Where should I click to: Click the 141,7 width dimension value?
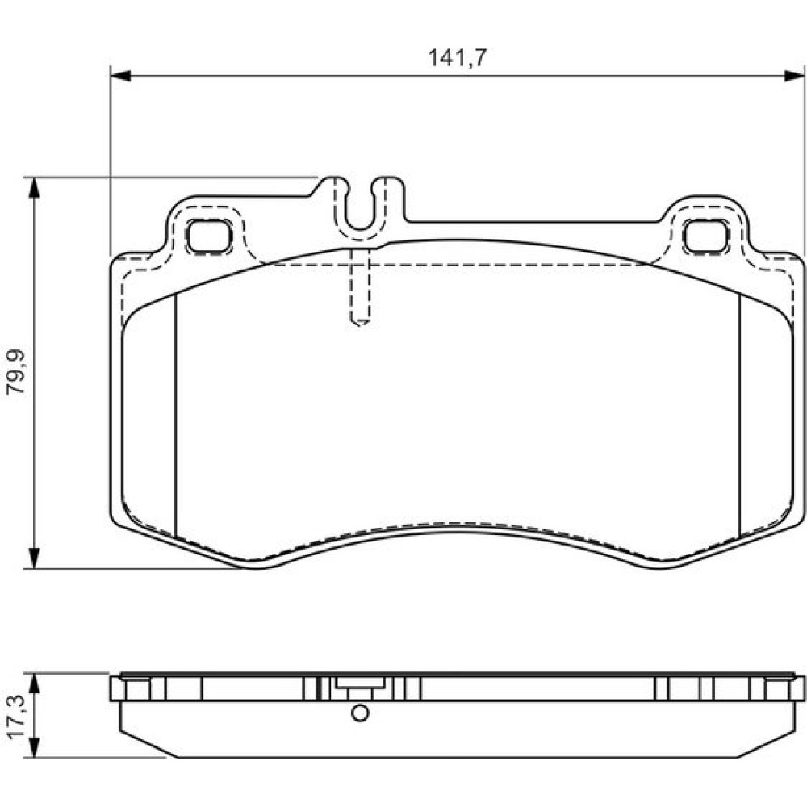(457, 57)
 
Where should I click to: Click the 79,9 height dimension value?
(15, 371)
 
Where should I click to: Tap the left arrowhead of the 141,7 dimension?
(121, 76)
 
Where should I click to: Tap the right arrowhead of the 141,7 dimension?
(794, 76)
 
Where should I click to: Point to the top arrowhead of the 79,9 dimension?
(34, 188)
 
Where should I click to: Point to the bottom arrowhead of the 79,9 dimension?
(34, 558)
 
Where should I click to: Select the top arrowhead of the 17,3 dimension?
(34, 684)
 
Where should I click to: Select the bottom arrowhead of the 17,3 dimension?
(34, 746)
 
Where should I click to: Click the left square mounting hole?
(208, 236)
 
